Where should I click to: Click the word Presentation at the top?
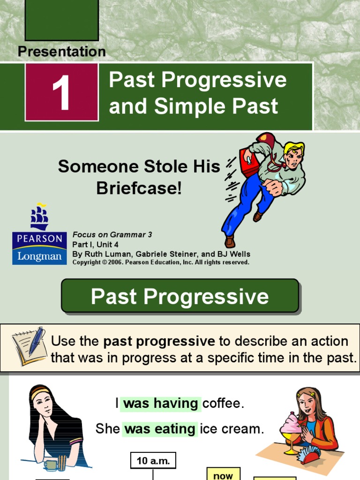62,52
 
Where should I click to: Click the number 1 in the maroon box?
61,93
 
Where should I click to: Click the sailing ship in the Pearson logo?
39,217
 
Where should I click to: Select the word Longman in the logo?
39,255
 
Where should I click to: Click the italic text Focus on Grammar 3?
112,235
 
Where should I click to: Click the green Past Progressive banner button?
180,296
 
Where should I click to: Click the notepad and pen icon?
29,346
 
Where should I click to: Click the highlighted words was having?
160,404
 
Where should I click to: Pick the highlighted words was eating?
159,429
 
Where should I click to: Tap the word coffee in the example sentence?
224,404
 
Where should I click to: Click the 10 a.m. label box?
153,461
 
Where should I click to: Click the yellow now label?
223,474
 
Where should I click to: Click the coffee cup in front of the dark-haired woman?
50,465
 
